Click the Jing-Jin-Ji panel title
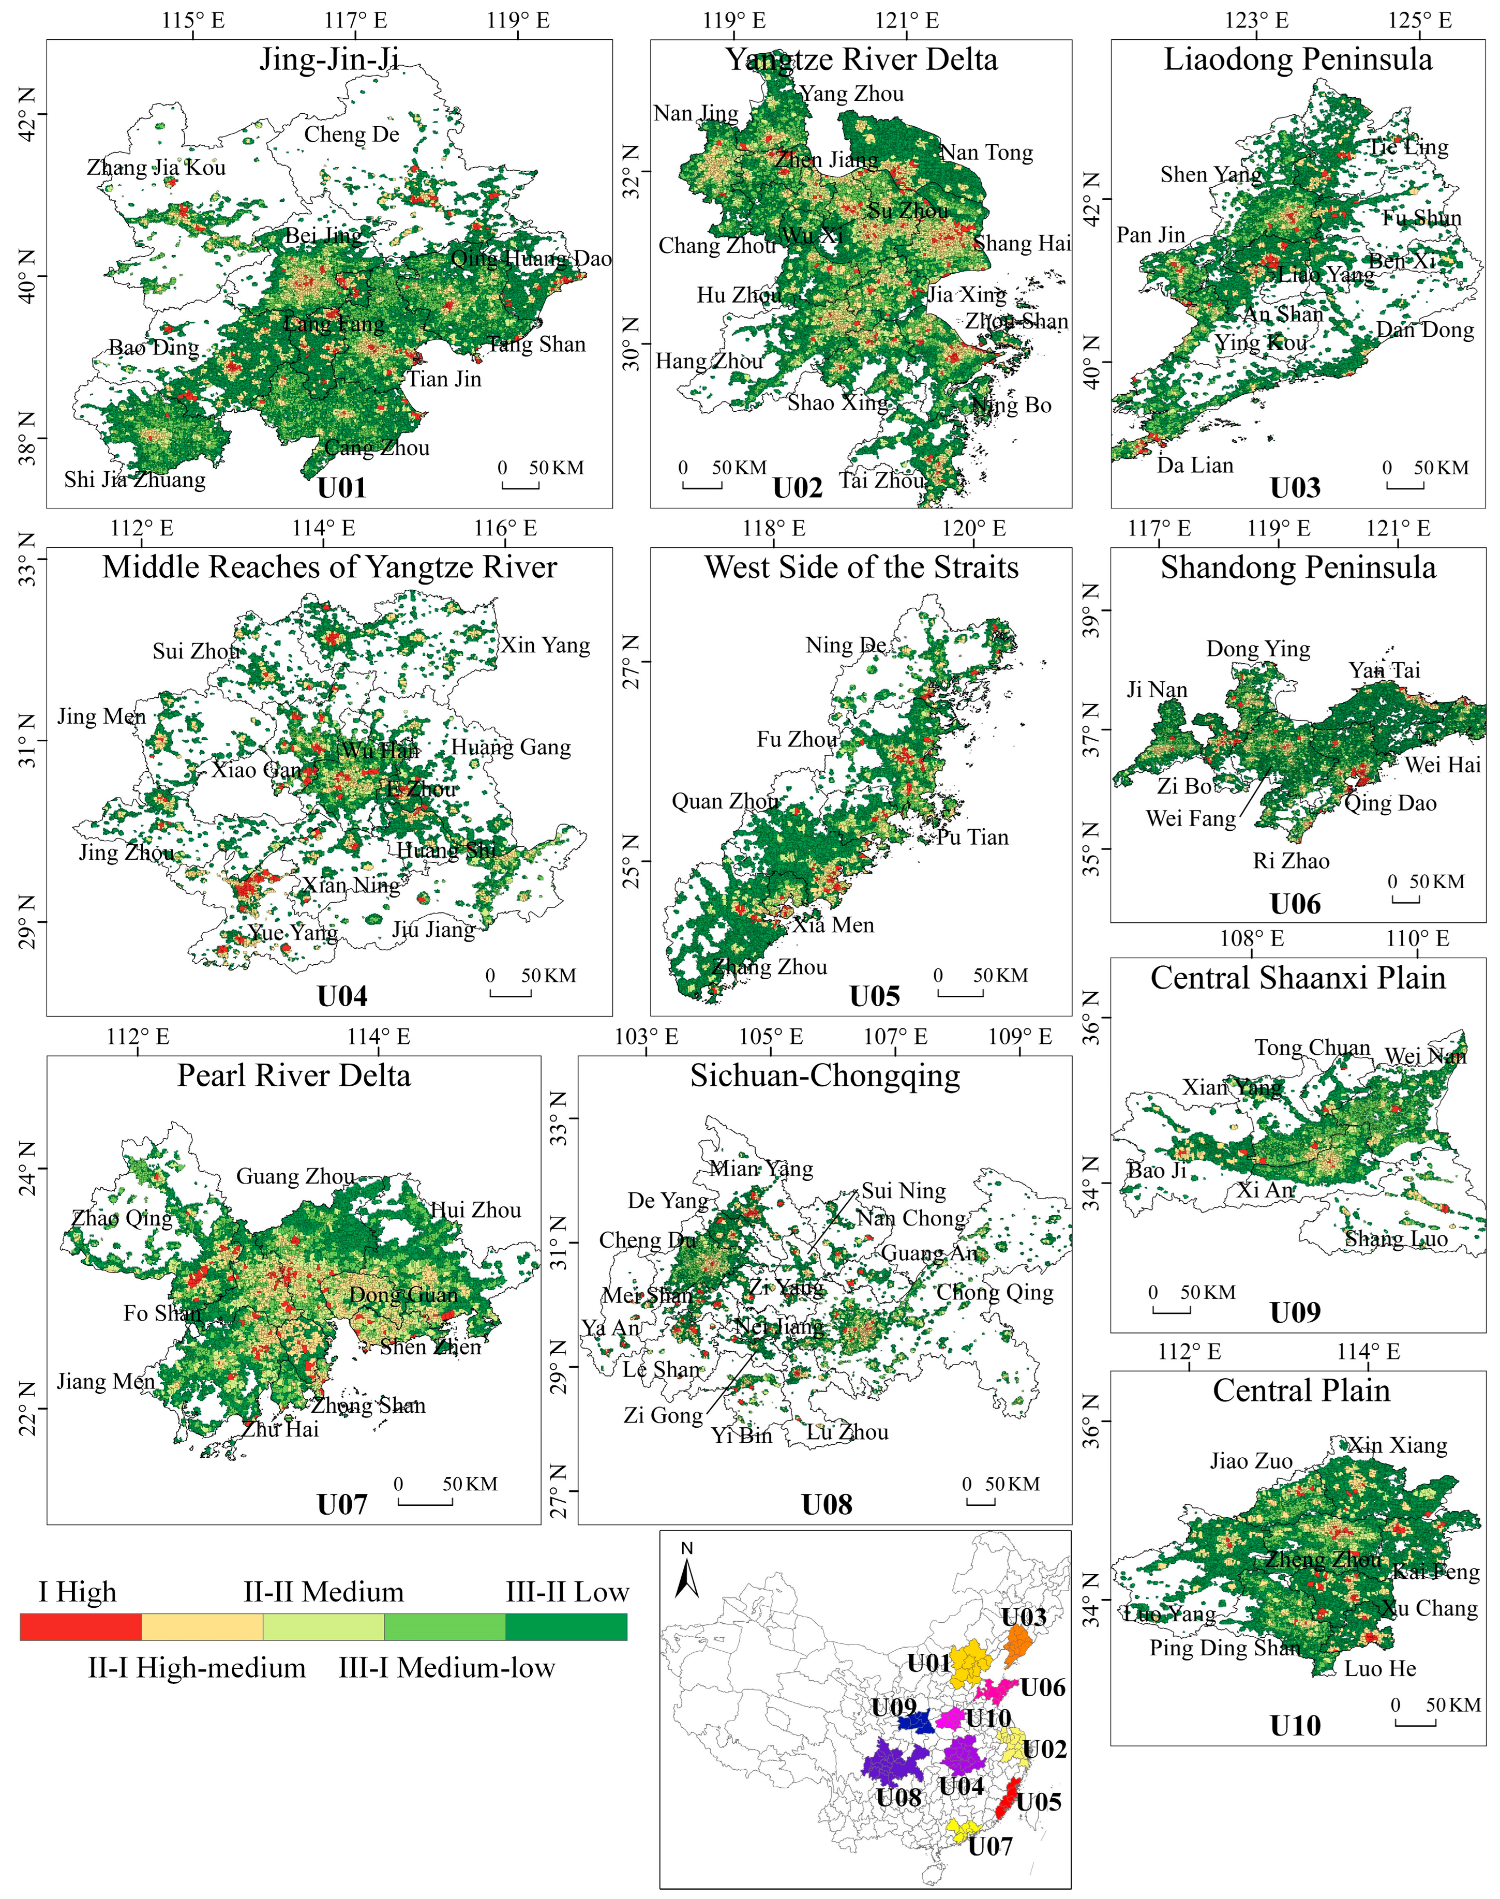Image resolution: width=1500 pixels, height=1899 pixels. [x=329, y=59]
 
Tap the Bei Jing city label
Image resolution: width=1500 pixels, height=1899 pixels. [x=323, y=235]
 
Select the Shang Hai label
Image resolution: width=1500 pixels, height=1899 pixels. [x=1022, y=243]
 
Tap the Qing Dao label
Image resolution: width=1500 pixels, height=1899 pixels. [x=1391, y=803]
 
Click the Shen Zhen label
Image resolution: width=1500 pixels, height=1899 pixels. [x=430, y=1347]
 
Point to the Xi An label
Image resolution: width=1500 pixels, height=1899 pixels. [x=1266, y=1190]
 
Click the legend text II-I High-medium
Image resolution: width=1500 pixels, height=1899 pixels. [x=197, y=1668]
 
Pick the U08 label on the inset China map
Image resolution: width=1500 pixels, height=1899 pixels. [x=898, y=1797]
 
